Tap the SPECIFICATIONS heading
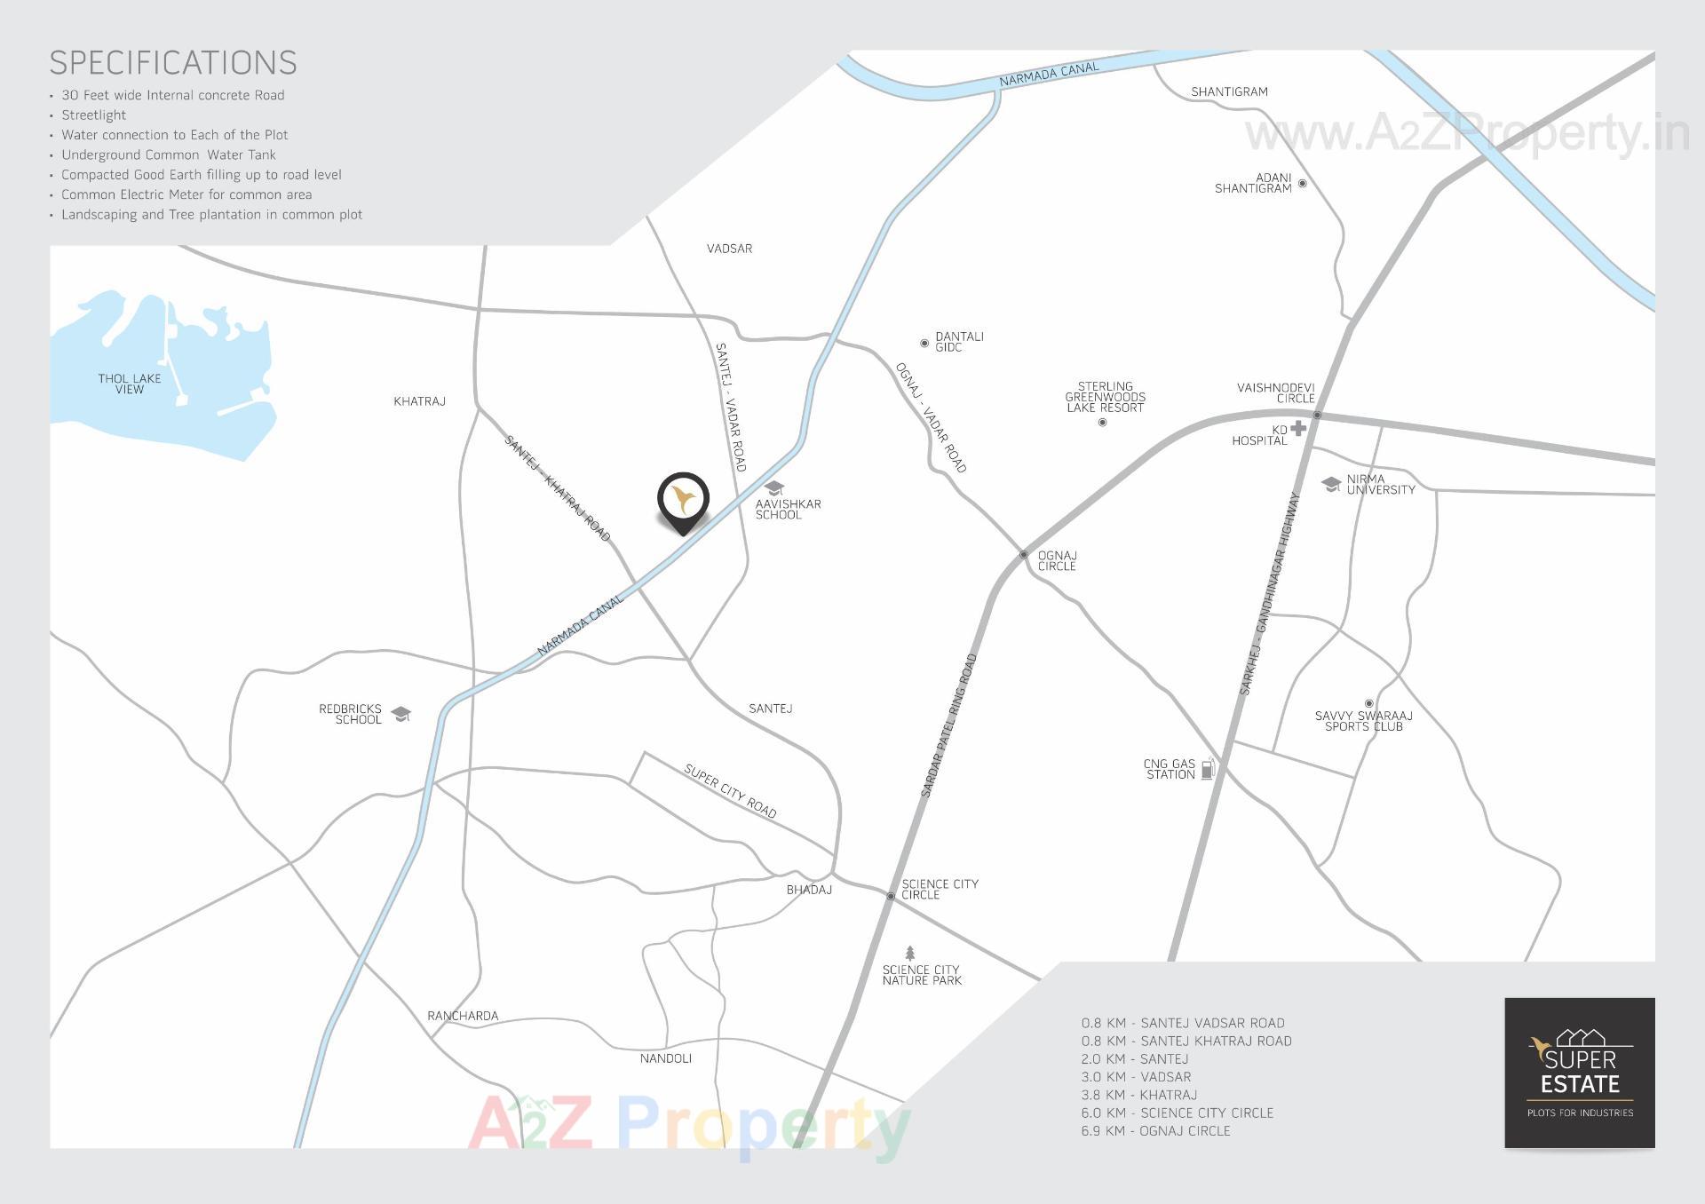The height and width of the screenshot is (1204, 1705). [173, 63]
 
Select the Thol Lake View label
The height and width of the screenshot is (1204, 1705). [130, 384]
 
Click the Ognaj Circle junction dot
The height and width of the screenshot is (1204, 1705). [1023, 554]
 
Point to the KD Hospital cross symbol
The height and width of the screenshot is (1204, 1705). [1298, 429]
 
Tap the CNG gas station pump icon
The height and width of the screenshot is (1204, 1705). [1208, 769]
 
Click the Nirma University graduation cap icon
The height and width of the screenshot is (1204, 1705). [1330, 484]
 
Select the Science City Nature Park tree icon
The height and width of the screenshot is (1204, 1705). [909, 954]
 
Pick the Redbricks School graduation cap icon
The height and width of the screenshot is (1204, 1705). [401, 714]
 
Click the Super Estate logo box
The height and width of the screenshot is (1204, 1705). [1579, 1073]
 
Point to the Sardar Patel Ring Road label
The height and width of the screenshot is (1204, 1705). [949, 725]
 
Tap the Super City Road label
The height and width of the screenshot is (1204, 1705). [730, 790]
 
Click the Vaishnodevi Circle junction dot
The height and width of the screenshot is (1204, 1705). [1317, 416]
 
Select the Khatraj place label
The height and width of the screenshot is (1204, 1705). [419, 401]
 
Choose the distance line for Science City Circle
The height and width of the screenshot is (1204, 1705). [1177, 1113]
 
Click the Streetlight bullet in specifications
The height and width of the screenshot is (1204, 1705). [93, 115]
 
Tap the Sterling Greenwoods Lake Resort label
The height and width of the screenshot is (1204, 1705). [1105, 397]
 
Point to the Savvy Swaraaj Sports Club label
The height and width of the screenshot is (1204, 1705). [1363, 721]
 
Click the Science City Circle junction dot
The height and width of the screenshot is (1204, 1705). [891, 896]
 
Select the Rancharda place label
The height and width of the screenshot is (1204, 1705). [463, 1016]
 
